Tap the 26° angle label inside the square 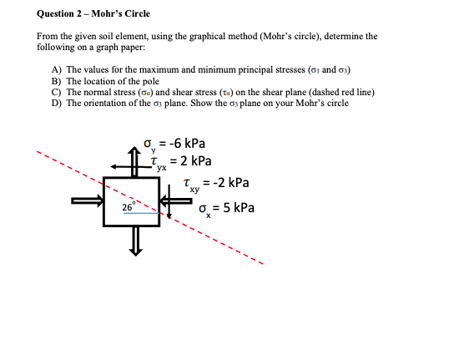tap(127, 207)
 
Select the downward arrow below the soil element tap(132, 243)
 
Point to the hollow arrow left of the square tap(85, 200)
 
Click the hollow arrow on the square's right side tap(178, 200)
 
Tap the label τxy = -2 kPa tap(215, 183)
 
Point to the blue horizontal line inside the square tap(142, 213)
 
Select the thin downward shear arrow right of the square tap(170, 205)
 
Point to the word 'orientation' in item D tap(104, 103)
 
